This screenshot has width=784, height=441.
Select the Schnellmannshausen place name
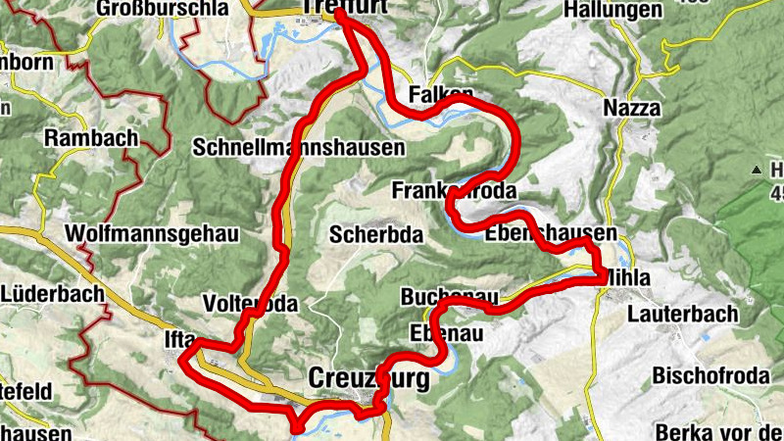(x=299, y=148)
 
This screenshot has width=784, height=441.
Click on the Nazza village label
(x=632, y=108)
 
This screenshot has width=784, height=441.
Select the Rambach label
(x=91, y=138)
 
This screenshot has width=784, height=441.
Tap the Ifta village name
(x=169, y=340)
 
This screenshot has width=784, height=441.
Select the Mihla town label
(x=627, y=278)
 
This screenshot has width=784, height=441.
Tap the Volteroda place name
(x=249, y=304)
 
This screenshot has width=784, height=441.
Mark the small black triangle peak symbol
(x=757, y=171)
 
